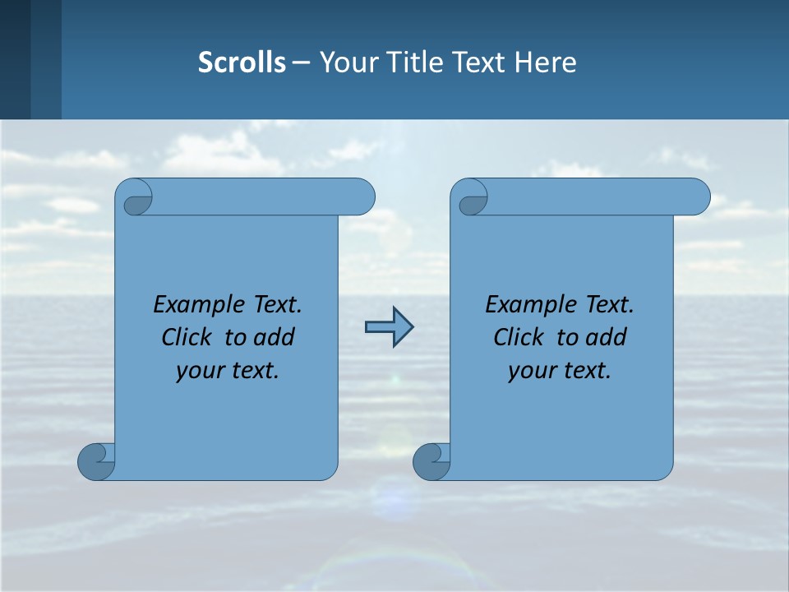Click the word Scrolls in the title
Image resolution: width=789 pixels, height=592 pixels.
pos(242,62)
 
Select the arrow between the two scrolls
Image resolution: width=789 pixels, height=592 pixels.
pos(389,327)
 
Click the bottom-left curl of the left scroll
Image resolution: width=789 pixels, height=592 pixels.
pos(97,460)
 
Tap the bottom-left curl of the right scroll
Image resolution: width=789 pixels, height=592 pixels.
pos(432,460)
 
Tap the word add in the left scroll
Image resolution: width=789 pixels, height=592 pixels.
pos(273,337)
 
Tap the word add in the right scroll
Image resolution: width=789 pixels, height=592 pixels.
pos(605,337)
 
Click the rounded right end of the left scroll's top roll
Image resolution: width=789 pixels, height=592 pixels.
pos(362,197)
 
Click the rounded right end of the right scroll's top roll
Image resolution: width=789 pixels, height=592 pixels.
pos(696,197)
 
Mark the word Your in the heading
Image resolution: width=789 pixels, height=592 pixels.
pos(348,62)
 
